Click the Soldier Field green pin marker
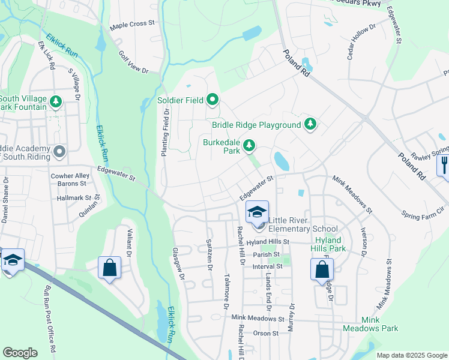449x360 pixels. pos(212,100)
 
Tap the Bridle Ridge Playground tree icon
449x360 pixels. pos(310,124)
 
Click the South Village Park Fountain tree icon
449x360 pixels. pos(56,101)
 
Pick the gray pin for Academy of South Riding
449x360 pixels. pos(59,152)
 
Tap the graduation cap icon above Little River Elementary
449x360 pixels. pos(256,212)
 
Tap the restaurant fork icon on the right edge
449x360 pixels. pos(444,164)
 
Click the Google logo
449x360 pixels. pos(20,353)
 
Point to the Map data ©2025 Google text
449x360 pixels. pos(411,355)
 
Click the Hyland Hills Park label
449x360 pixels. pos(329,244)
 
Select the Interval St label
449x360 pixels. pos(267,266)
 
